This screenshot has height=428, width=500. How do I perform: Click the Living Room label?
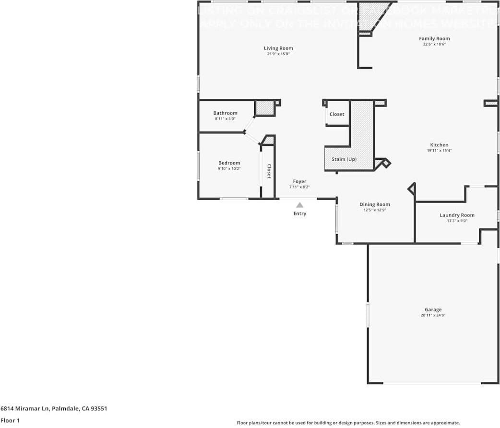278,48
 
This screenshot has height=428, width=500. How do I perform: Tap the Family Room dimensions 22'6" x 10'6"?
434,44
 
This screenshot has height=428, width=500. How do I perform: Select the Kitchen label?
439,145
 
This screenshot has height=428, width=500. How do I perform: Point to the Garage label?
433,309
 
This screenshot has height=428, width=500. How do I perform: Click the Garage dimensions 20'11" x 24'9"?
433,315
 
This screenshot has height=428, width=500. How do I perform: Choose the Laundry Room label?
457,215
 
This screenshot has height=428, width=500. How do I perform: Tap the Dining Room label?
375,204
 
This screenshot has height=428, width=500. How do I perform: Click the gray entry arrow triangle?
299,205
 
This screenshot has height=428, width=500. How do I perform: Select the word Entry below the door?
299,214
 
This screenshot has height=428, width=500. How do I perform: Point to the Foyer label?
299,181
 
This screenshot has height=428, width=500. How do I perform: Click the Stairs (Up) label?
344,159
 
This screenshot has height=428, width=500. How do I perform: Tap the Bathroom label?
225,113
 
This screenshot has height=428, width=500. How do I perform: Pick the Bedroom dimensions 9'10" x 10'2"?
229,168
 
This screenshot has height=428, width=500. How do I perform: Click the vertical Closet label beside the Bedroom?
269,171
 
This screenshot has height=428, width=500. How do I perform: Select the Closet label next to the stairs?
337,114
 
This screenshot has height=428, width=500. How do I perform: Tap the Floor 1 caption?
11,420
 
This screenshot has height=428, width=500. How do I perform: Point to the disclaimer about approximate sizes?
348,423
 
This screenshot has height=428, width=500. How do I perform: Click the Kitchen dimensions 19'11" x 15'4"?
439,151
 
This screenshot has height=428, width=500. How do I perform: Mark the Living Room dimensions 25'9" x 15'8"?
278,54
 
